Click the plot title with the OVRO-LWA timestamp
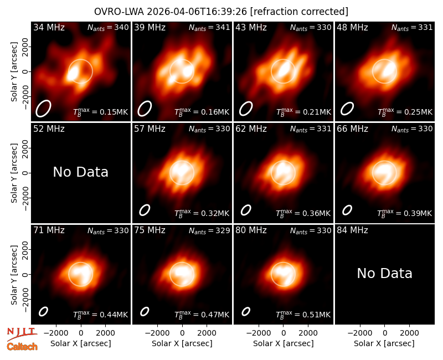221,12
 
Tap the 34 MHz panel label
49,27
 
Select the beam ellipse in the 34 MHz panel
43,108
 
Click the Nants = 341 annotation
209,27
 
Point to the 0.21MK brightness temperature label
303,112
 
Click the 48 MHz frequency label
352,27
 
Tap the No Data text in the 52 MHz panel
80,172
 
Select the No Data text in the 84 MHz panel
384,273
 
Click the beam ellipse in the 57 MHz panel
145,210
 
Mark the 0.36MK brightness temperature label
303,213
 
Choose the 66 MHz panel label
352,129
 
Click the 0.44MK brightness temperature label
101,315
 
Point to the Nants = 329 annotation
209,230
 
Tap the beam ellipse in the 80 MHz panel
246,311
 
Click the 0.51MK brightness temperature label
303,315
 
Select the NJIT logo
22,334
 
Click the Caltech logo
22,347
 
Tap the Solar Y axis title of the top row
14,72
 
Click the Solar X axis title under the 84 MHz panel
384,343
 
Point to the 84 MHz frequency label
352,230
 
